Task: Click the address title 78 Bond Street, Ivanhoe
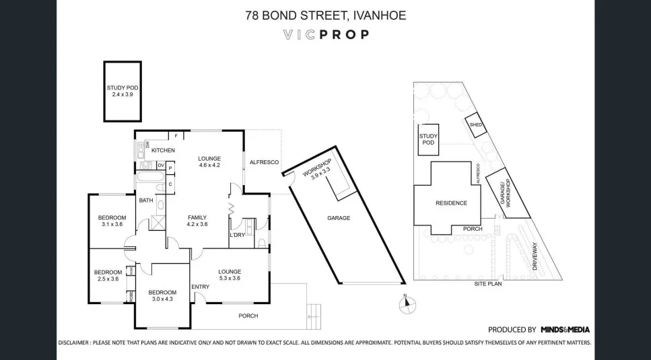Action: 325,15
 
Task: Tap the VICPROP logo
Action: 325,34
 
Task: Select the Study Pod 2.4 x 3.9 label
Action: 123,91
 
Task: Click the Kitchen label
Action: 163,150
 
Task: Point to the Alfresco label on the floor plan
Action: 264,162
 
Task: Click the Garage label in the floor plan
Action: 339,217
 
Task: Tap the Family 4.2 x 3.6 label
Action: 197,221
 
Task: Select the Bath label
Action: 146,201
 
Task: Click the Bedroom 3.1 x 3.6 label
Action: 112,221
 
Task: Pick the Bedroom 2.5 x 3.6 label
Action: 108,275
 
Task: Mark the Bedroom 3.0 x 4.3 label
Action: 162,295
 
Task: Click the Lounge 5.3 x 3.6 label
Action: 230,275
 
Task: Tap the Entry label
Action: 200,287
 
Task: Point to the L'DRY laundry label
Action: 237,235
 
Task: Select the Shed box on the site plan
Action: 475,125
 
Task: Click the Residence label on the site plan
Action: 450,203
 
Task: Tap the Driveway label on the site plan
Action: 536,256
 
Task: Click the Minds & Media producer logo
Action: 565,330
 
